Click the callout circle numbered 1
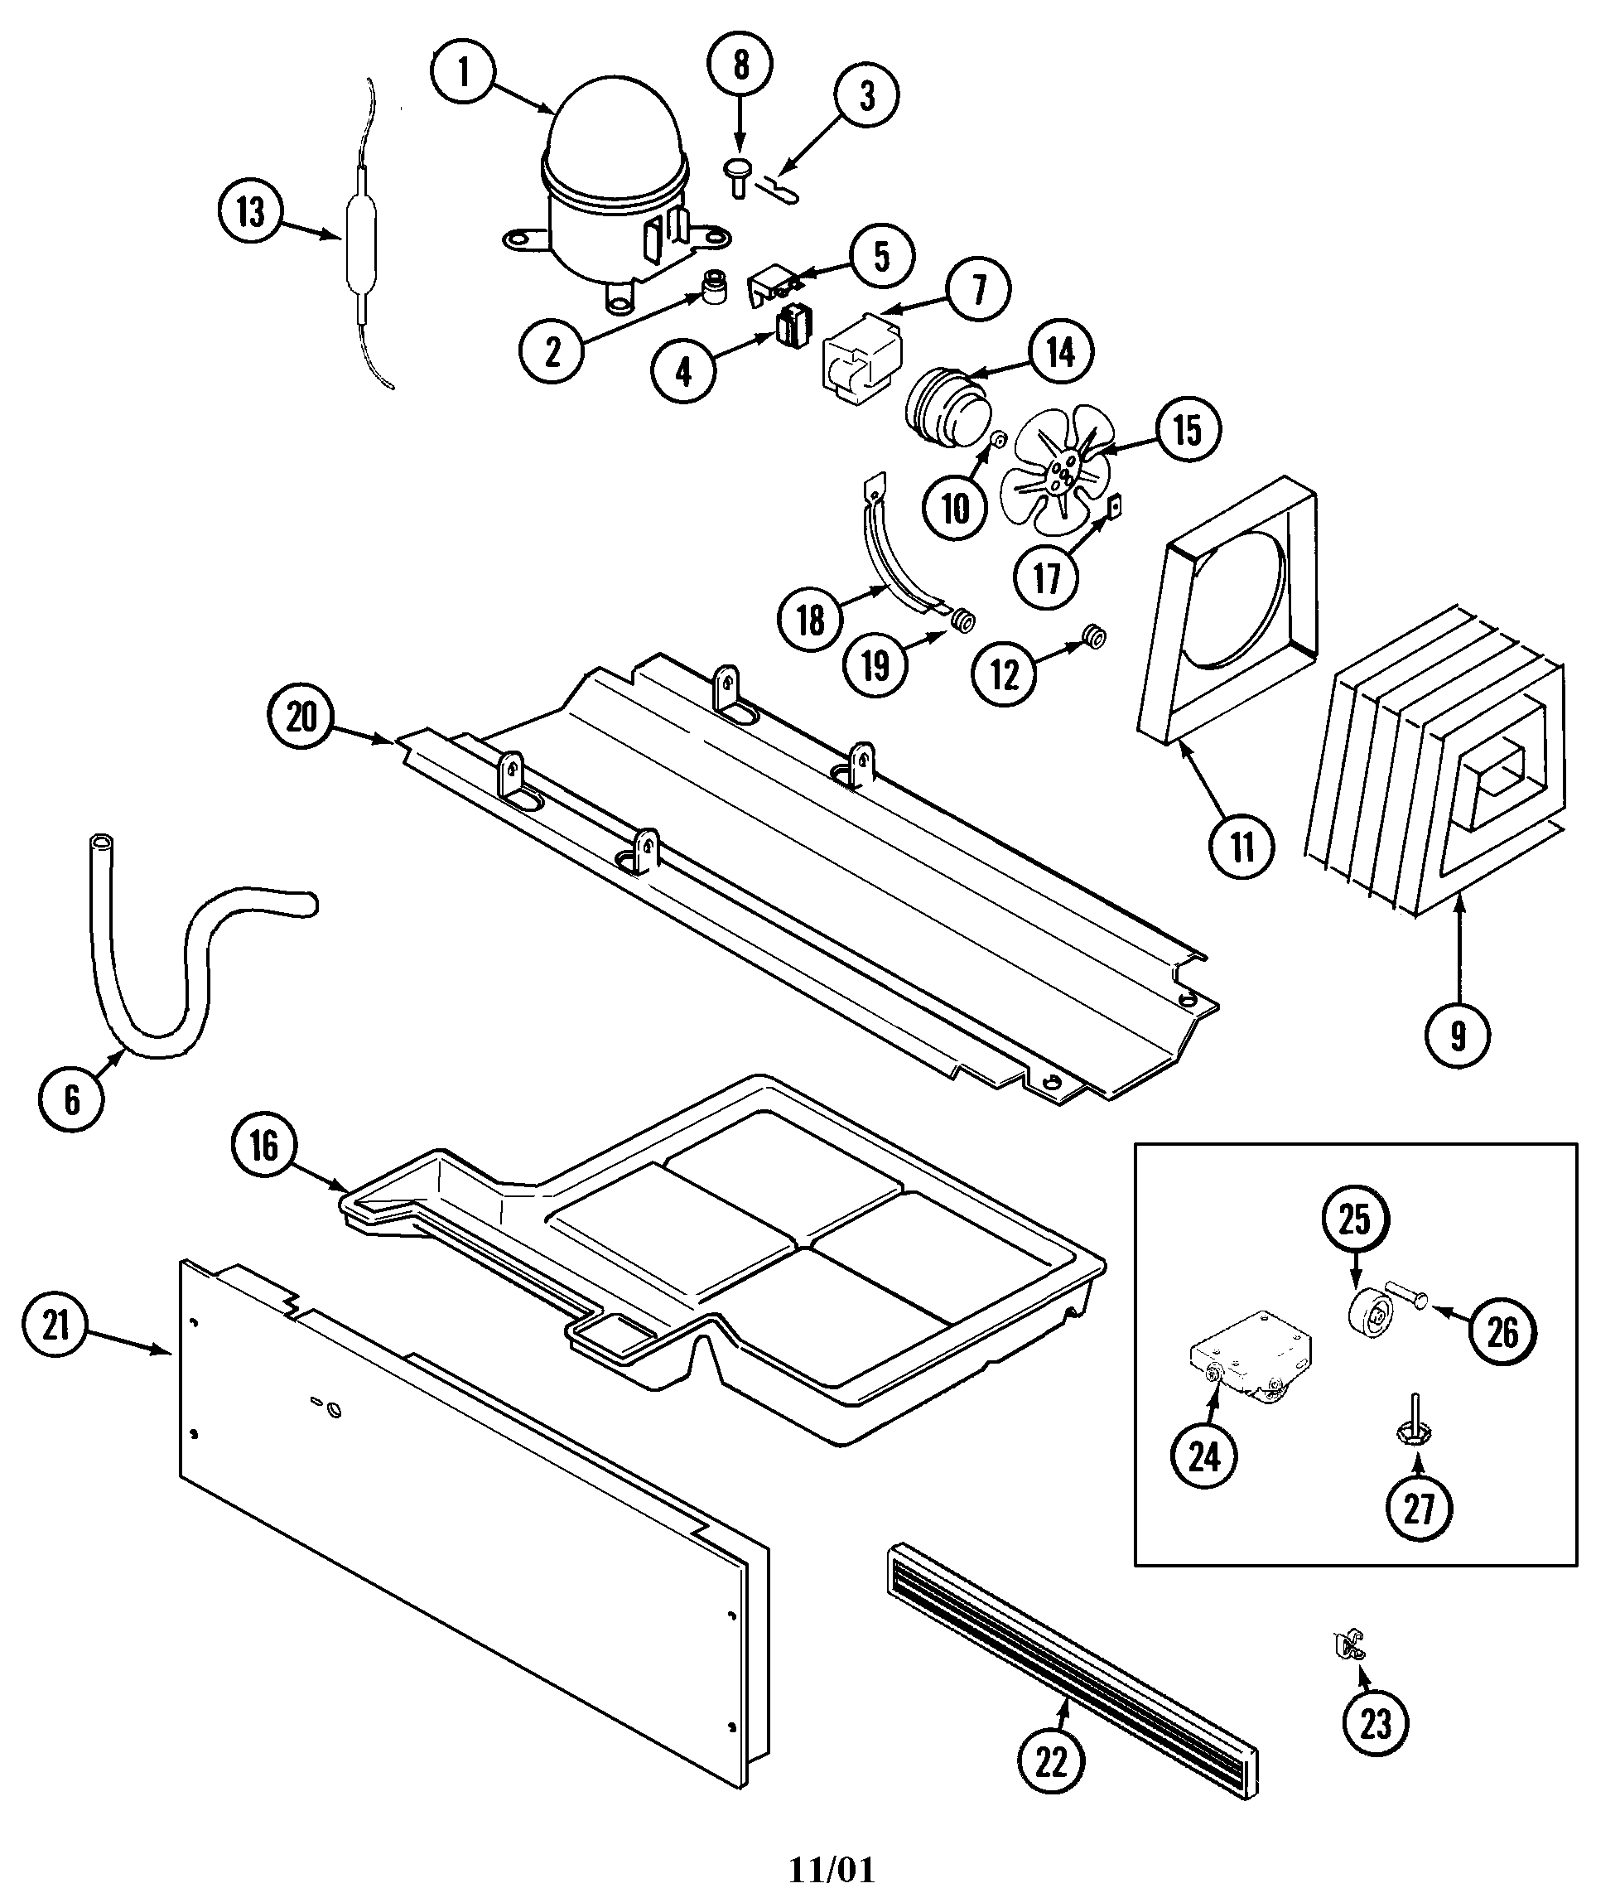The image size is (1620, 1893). click(463, 72)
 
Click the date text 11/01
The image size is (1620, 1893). click(831, 1869)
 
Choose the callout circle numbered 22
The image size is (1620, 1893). click(1051, 1761)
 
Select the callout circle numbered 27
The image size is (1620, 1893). click(1418, 1509)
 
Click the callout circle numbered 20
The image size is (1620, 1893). click(301, 717)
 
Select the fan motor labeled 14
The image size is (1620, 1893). click(945, 410)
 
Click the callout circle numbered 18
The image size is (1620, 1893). click(810, 621)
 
